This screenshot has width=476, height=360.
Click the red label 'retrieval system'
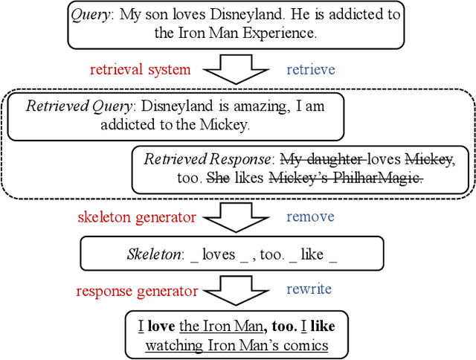[x=140, y=70]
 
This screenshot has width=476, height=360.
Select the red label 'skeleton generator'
[x=136, y=217]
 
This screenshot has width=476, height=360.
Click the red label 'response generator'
[x=138, y=290]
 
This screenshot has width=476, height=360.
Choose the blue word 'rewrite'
[x=309, y=289]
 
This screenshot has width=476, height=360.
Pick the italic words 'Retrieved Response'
[x=208, y=159]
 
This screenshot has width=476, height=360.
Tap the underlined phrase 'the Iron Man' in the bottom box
[x=222, y=326]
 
